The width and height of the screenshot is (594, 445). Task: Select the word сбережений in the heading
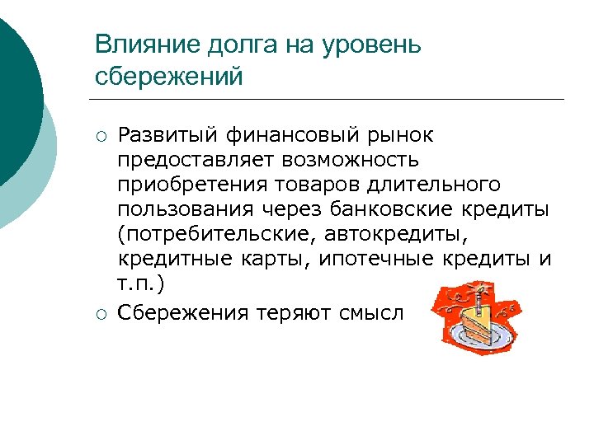(x=170, y=77)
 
